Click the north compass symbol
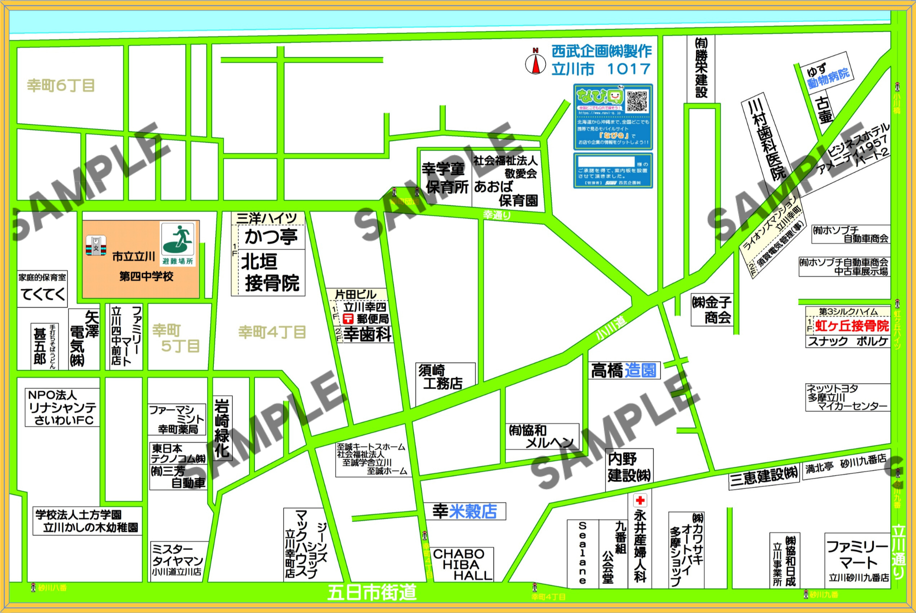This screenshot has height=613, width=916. tap(535, 62)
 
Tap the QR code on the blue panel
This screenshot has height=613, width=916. tap(637, 101)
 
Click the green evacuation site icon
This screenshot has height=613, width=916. tap(178, 240)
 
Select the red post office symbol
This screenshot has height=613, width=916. tap(348, 318)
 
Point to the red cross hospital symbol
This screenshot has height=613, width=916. tap(640, 500)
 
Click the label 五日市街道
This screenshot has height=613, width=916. tap(372, 592)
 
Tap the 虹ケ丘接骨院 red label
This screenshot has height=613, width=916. tap(852, 326)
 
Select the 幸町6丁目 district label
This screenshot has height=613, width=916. tap(61, 85)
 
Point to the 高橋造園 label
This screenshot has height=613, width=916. tap(623, 371)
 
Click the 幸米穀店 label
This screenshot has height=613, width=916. tap(465, 511)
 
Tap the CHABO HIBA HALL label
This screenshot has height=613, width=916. tap(462, 565)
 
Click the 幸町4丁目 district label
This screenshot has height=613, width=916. tap(272, 332)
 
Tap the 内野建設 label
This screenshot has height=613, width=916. tap(628, 467)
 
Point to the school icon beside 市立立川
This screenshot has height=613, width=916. tap(96, 245)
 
